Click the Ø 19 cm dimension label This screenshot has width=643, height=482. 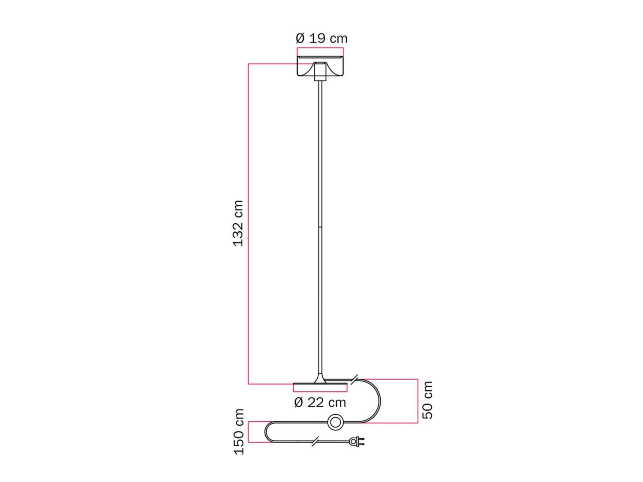tap(321, 39)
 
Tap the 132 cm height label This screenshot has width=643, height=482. tap(238, 223)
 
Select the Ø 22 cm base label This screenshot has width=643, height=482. tap(320, 403)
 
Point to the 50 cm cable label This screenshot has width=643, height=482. tap(427, 400)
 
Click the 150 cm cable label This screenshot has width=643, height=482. tap(238, 431)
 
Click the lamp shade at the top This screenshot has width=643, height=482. tap(320, 67)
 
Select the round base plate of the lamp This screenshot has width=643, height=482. tap(320, 387)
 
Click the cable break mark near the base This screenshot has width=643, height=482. tap(354, 379)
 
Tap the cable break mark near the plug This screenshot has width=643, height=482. tap(315, 441)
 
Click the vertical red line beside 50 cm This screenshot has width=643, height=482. tap(418, 401)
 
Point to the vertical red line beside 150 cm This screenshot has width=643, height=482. tap(249, 432)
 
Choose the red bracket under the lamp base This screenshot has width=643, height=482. tap(320, 391)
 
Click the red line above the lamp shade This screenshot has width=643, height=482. tap(320, 48)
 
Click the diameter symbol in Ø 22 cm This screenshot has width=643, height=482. tap(299, 403)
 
